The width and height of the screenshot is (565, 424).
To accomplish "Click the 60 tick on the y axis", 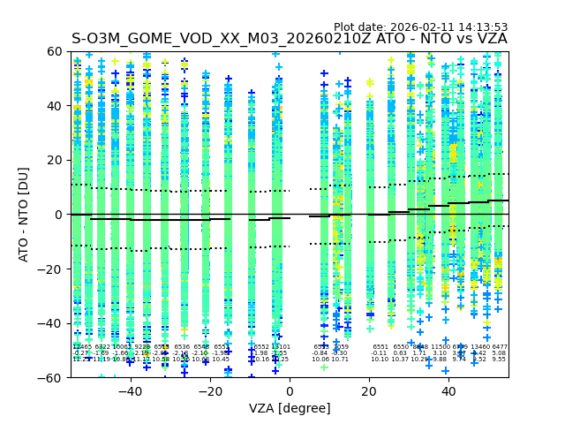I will coord(71,51).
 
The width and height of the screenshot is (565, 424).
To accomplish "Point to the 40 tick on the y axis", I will coord(71,105).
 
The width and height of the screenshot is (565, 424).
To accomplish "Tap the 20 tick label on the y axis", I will coord(57,160).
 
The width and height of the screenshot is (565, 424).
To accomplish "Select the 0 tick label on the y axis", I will coord(61,215).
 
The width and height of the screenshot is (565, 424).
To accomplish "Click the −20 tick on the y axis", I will coord(71,269).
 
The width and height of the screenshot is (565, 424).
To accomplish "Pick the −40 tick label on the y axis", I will coord(54,323).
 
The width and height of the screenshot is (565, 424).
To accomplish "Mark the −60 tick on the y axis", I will coord(71,377).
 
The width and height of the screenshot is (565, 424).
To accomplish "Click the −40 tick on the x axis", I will coord(130,377).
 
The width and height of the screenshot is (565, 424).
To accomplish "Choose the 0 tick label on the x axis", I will coord(290,391).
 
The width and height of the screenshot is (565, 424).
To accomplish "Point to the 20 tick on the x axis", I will coord(369,377).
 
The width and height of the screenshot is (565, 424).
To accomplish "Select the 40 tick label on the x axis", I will coord(448,391).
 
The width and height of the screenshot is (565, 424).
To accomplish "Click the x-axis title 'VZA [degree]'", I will coord(290,408).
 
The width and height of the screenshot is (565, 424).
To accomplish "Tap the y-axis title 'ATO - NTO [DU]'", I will coord(25,215).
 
